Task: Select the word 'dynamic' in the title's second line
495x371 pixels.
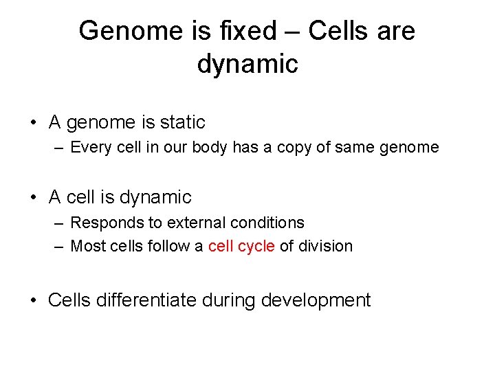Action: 247,64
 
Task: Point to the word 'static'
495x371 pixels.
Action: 183,123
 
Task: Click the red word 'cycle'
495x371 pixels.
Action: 256,246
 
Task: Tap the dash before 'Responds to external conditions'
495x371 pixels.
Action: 59,223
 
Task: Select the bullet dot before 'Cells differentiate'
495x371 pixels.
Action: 33,301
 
